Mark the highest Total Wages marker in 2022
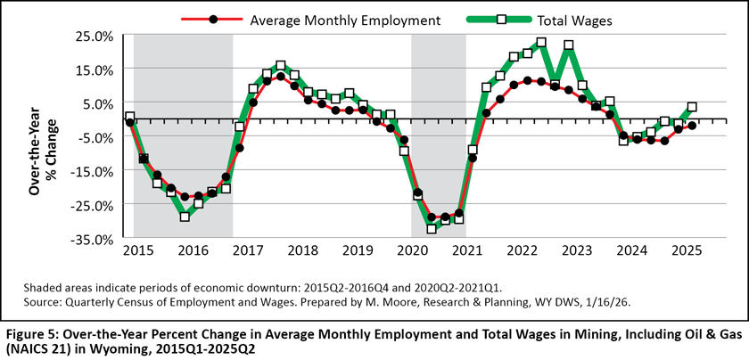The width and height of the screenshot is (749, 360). (541, 43)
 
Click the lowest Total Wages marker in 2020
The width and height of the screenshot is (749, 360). (432, 229)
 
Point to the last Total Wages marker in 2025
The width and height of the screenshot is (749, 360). (692, 107)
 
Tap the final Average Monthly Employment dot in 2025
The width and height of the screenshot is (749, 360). (692, 126)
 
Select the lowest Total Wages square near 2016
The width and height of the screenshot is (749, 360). (185, 217)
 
